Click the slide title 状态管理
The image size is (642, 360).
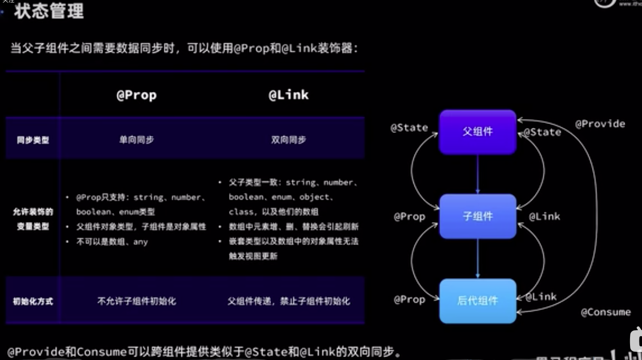(x=49, y=11)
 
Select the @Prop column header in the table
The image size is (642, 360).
(x=136, y=95)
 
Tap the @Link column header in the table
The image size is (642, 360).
(x=288, y=95)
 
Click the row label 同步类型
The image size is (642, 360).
(x=33, y=140)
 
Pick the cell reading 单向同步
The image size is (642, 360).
(x=136, y=140)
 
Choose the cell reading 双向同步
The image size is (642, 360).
(x=288, y=140)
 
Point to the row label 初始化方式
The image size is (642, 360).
(x=33, y=301)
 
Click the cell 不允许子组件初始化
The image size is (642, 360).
(x=136, y=301)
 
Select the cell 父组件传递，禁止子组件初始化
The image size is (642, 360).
(x=288, y=301)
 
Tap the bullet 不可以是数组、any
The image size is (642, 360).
(x=112, y=242)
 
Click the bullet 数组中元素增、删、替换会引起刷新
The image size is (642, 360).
(x=293, y=227)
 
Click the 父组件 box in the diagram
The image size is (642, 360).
(x=478, y=132)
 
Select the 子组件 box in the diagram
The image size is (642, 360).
(x=478, y=217)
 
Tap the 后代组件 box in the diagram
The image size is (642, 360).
(x=478, y=301)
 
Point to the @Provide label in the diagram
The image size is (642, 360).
(x=600, y=124)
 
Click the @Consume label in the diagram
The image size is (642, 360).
(x=606, y=312)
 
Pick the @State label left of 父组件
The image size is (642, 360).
(x=409, y=128)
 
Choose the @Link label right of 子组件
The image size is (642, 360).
(x=544, y=217)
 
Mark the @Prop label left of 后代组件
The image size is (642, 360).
(x=409, y=300)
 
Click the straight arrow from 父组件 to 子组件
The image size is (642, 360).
(x=478, y=174)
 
